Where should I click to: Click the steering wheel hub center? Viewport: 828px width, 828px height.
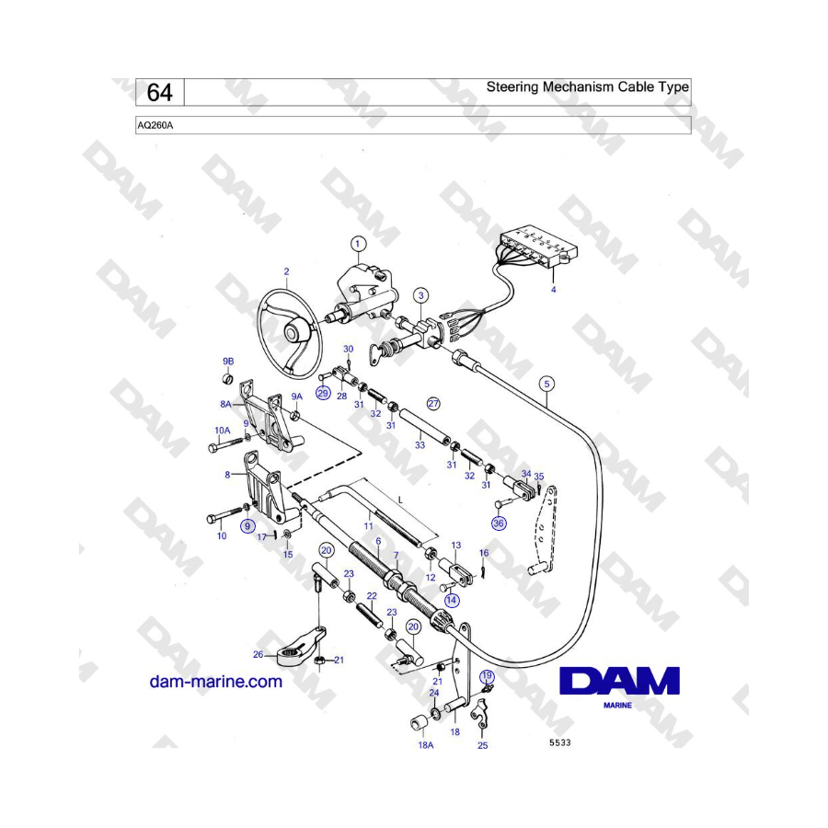pyautogui.click(x=292, y=333)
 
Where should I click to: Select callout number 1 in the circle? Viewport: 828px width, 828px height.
pyautogui.click(x=358, y=244)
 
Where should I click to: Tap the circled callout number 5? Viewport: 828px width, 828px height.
pyautogui.click(x=547, y=384)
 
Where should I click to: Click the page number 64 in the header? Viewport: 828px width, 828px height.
pyautogui.click(x=159, y=92)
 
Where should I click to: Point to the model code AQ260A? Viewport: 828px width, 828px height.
pyautogui.click(x=155, y=126)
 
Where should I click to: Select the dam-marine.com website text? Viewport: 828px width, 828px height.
pyautogui.click(x=216, y=681)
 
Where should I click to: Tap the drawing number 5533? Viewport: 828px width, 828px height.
pyautogui.click(x=559, y=742)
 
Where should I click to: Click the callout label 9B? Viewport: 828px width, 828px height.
pyautogui.click(x=228, y=362)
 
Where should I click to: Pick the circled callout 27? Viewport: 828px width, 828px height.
pyautogui.click(x=433, y=404)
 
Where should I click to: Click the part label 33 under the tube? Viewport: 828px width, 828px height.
pyautogui.click(x=420, y=445)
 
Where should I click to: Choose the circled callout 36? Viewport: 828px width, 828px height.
pyautogui.click(x=499, y=523)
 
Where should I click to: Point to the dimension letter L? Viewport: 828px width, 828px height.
pyautogui.click(x=400, y=500)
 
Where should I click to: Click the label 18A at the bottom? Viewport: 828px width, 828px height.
pyautogui.click(x=426, y=745)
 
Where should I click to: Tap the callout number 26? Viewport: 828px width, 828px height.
pyautogui.click(x=258, y=655)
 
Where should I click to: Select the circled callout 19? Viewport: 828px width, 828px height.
pyautogui.click(x=487, y=676)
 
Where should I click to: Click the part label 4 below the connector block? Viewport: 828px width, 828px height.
pyautogui.click(x=554, y=290)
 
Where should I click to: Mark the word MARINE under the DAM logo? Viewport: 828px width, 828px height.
pyautogui.click(x=617, y=705)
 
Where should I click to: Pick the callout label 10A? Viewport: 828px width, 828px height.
pyautogui.click(x=223, y=431)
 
